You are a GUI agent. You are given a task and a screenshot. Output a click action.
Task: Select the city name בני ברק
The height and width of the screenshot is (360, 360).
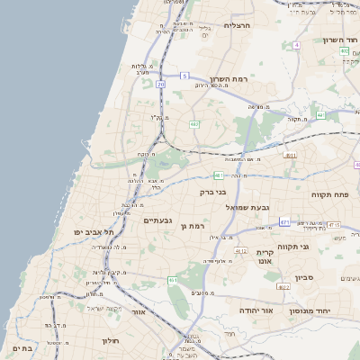pos(213,192)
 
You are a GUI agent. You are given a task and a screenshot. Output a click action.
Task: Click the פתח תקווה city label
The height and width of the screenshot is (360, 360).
pos(334,193)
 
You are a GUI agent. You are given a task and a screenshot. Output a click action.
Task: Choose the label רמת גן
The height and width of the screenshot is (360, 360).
pos(194,226)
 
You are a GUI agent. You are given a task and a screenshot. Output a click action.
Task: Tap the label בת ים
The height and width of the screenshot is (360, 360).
pos(22,347)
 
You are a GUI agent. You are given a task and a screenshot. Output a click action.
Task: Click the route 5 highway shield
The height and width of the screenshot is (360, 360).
pos(184,76)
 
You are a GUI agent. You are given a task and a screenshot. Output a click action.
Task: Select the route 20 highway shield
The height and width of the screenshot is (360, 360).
pos(160,84)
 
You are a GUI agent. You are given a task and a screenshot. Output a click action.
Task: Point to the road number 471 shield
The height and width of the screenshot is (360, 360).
pos(284,221)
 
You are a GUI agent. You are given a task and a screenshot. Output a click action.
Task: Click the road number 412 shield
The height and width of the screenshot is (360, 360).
pos(240,251)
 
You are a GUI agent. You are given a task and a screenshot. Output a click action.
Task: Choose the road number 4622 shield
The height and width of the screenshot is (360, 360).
pos(283,287)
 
